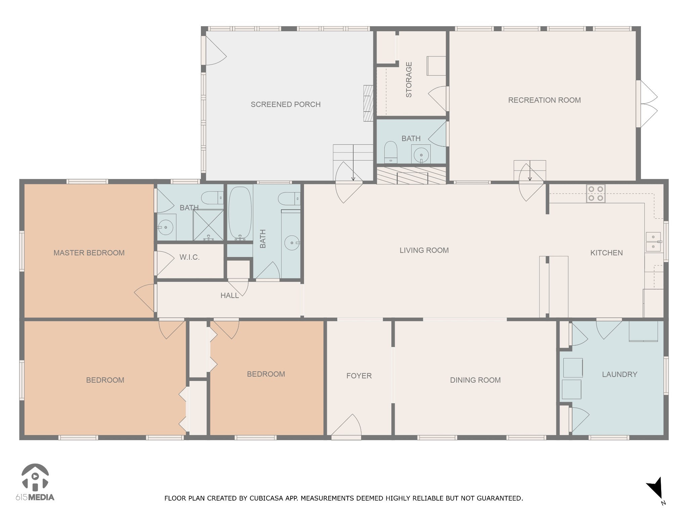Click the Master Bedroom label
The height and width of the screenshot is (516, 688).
[89, 253]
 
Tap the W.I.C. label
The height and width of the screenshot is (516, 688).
[189, 257]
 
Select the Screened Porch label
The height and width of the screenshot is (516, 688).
[286, 104]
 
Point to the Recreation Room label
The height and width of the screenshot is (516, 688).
[544, 100]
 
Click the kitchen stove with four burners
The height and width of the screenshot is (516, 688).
[596, 193]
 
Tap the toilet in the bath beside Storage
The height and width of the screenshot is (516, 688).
[391, 152]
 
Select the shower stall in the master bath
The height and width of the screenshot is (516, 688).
[208, 225]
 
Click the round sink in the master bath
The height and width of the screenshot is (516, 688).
[166, 227]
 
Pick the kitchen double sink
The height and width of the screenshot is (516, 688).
[653, 242]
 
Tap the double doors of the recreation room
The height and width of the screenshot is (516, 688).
[647, 104]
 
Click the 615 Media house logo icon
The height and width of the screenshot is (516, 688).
[35, 477]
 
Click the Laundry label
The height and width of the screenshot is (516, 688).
[619, 374]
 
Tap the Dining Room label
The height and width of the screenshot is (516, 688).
[475, 380]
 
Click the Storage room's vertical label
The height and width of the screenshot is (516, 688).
[409, 80]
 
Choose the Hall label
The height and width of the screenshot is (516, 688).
[230, 296]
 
